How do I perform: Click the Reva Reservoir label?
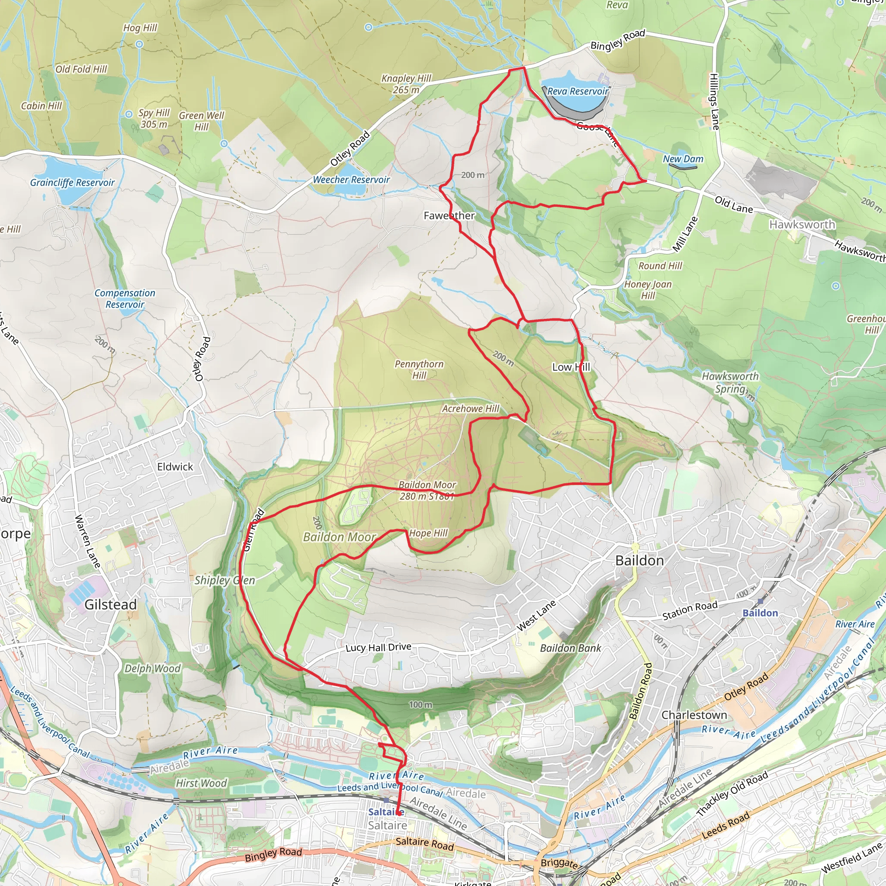point(578,91)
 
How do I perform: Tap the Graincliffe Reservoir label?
point(72,183)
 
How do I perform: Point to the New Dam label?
point(683,159)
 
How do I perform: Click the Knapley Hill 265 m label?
point(406,84)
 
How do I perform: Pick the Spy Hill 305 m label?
point(154,118)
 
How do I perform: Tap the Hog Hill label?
point(140,28)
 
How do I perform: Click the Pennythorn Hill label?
point(419,369)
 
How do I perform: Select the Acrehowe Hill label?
point(471,408)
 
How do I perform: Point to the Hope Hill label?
point(428,533)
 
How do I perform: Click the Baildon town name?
point(639,560)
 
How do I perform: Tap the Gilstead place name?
point(110,604)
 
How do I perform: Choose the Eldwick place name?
point(175,467)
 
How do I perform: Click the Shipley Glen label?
point(225,580)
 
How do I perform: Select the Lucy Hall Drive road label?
point(379,647)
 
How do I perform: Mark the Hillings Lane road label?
point(713,101)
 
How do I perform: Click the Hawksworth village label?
point(802,224)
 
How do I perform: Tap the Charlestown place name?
point(694,715)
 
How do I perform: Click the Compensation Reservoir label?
point(125,299)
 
